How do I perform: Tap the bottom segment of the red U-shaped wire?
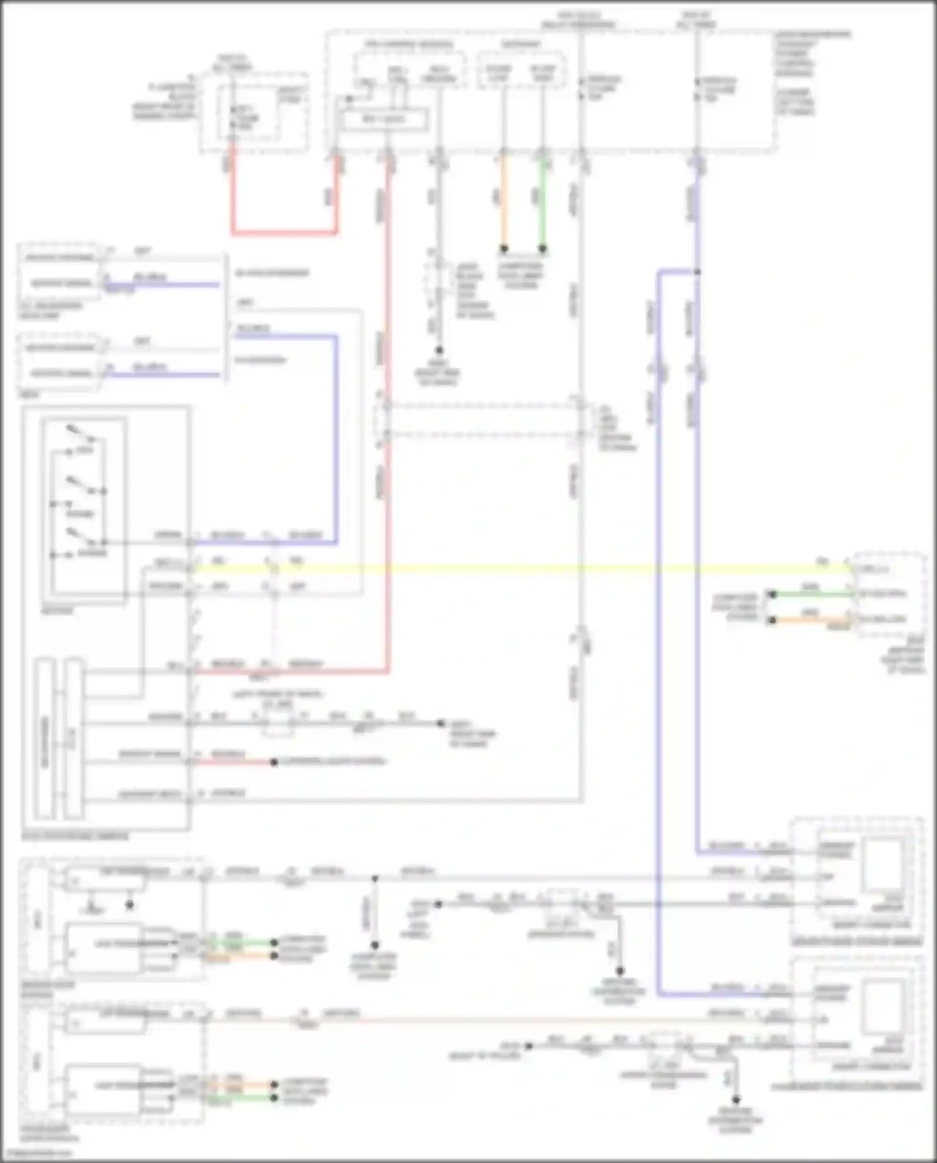(284, 233)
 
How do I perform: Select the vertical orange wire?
(503, 200)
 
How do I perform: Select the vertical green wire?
(542, 200)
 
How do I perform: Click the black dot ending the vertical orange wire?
(503, 249)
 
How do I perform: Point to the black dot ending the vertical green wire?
(542, 249)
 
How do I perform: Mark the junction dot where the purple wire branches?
(697, 272)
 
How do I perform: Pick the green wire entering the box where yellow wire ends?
(812, 594)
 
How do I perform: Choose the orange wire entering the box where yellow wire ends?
(812, 620)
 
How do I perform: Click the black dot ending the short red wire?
(274, 762)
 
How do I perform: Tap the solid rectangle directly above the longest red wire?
(384, 119)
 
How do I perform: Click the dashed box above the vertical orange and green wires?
(522, 70)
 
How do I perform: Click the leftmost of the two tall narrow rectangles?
(44, 737)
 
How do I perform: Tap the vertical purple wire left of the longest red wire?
(336, 437)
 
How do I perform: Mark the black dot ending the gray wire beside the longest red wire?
(439, 351)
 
